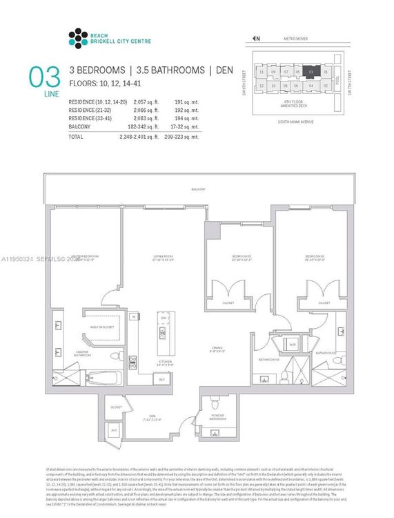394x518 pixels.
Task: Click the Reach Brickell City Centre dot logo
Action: [x=79, y=37]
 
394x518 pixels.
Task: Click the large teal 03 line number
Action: [x=40, y=77]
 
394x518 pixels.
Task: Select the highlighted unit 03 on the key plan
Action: [x=311, y=71]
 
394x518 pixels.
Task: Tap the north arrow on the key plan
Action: [x=256, y=39]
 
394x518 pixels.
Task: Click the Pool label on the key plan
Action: [x=338, y=79]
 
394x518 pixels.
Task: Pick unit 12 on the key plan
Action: [x=262, y=86]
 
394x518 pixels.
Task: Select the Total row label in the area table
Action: [x=76, y=137]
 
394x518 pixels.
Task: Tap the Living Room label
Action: [x=162, y=257]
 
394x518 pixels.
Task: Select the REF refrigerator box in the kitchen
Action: [x=163, y=379]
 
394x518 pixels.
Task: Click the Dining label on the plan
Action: [x=217, y=349]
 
